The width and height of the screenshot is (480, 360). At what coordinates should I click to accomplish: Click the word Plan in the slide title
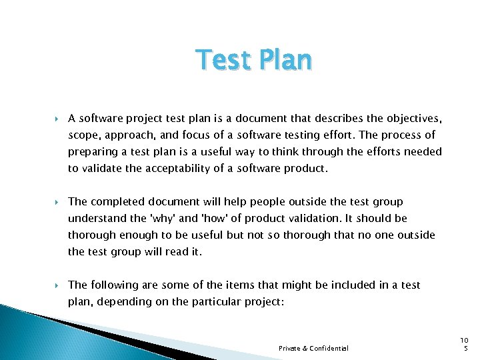click(283, 61)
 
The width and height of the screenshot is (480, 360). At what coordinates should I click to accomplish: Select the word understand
click(97, 218)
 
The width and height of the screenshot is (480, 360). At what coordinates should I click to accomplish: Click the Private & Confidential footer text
click(313, 348)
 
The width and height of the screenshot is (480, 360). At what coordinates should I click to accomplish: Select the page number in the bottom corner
click(464, 344)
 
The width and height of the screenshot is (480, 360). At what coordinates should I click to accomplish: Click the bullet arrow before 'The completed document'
click(57, 201)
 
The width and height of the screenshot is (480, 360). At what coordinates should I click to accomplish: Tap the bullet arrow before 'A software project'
click(57, 119)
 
